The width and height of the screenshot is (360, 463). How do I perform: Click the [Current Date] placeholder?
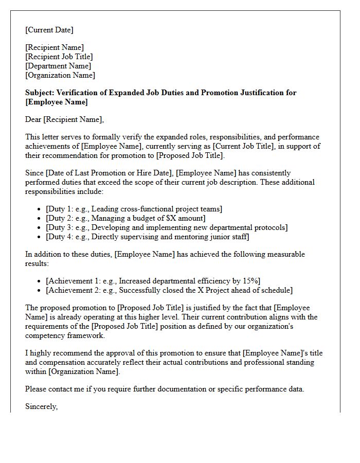[49, 30]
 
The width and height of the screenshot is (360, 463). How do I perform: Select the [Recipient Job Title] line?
[59, 57]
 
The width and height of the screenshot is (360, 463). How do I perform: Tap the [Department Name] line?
[58, 66]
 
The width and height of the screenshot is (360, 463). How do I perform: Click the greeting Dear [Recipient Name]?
[64, 120]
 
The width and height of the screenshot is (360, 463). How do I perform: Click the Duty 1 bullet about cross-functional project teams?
[134, 209]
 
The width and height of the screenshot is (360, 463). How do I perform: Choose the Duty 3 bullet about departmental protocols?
[167, 227]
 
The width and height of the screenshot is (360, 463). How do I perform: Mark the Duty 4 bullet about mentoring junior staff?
[148, 237]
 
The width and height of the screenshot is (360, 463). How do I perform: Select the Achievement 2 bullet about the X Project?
[169, 290]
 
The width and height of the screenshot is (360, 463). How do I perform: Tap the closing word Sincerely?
[42, 406]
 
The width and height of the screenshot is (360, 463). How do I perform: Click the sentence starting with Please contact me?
[165, 389]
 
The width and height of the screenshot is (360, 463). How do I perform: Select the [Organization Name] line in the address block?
[60, 75]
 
